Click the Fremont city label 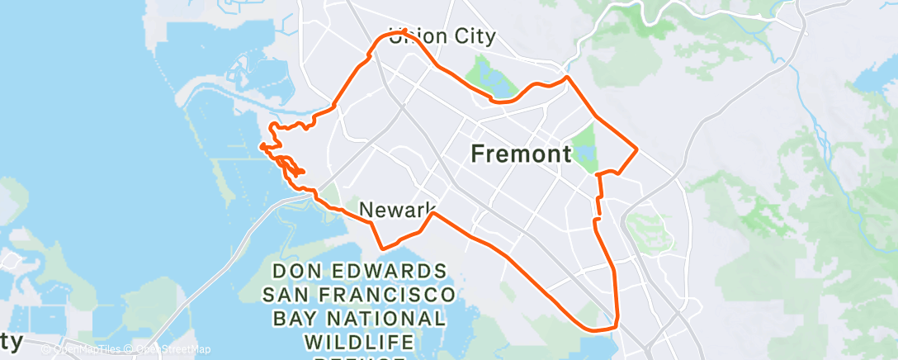click(521, 153)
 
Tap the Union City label click(444, 36)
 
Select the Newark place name click(398, 208)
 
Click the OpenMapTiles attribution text click(89, 349)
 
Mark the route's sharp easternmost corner click(636, 149)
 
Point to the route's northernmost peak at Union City click(404, 31)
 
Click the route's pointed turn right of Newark click(433, 214)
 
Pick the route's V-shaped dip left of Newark click(381, 247)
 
